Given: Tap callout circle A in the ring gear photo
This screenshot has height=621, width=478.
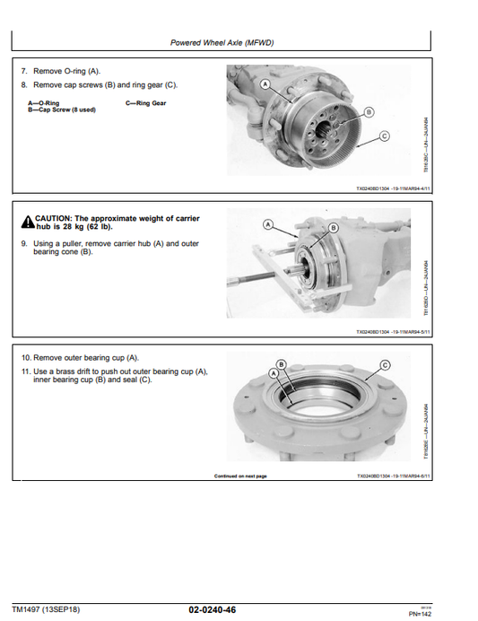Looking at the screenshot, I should pos(266,83).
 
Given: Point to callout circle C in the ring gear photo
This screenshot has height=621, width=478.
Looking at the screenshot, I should pos(385,136).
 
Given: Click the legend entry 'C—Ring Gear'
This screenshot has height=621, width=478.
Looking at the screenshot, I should pos(145,103).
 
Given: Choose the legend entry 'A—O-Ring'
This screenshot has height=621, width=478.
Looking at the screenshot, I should pos(41,103).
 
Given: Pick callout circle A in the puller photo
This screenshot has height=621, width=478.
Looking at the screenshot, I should pos(267,223).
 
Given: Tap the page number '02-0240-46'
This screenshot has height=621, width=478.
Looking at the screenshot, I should pos(213,610).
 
